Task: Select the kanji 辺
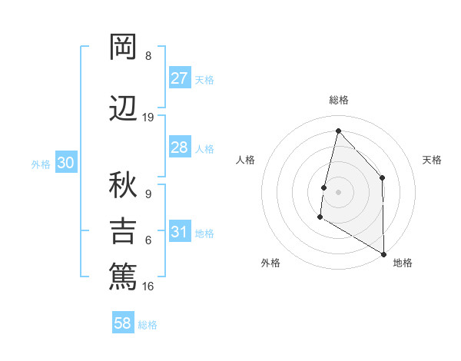123,108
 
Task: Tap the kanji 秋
123,184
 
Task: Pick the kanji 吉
123,230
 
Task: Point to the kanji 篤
123,276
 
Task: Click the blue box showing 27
179,79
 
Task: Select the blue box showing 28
179,147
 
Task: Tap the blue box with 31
179,233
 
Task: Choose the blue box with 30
65,163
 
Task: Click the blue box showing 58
123,324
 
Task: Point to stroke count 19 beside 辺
148,118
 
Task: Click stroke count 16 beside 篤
148,286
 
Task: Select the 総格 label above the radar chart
338,100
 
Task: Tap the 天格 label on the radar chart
432,160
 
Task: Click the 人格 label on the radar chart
246,160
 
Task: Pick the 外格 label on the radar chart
270,263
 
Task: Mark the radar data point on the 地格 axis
383,254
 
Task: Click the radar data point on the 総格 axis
338,131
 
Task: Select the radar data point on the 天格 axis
382,178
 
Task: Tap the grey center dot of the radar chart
338,192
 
